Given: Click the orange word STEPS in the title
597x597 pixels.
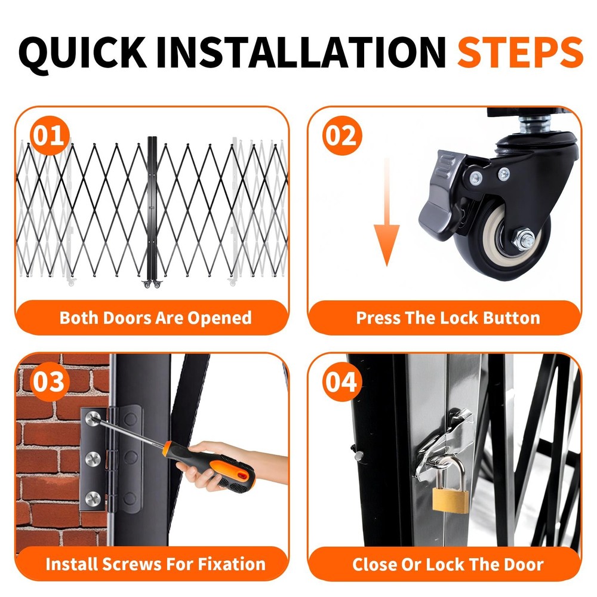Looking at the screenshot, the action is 520,52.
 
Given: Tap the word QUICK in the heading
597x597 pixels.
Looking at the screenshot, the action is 82,53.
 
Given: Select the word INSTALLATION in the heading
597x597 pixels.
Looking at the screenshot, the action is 301,52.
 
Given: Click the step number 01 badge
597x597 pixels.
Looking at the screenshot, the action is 50,136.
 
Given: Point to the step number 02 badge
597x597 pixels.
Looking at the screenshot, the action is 342,136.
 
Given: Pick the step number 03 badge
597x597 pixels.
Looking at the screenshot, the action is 50,381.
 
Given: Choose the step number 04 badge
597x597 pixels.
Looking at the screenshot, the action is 342,381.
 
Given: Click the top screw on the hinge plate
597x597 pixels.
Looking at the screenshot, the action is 93,418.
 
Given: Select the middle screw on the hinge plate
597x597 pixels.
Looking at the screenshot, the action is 93,459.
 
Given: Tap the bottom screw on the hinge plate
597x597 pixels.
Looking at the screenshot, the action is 93,498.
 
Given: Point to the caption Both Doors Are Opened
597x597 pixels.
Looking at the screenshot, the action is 156,318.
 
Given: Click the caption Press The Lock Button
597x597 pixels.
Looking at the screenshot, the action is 448,318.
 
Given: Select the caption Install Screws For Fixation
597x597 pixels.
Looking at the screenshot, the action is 156,564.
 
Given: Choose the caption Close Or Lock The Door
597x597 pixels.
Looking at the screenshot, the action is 448,564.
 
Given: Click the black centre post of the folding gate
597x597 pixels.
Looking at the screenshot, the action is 152,210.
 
